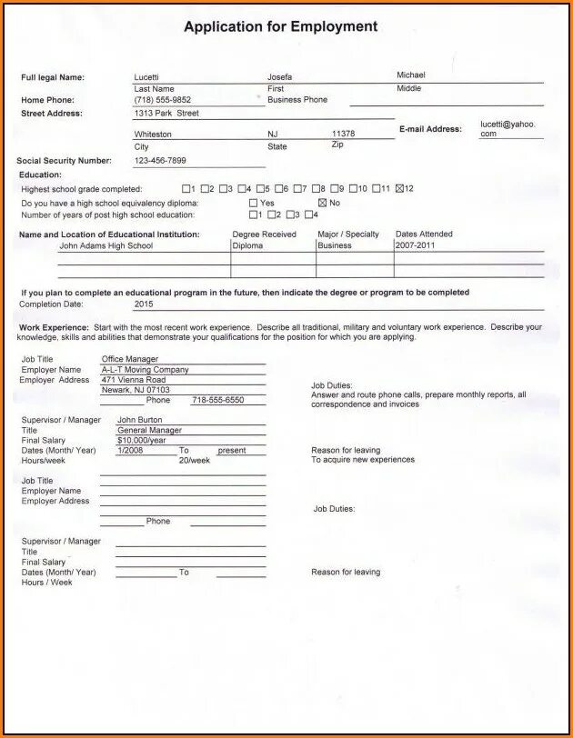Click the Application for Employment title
(x=280, y=27)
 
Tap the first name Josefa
(x=279, y=77)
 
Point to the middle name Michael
(x=410, y=75)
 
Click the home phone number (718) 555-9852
(x=163, y=100)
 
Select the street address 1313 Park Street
(x=166, y=114)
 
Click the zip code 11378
(x=343, y=134)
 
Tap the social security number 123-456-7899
(x=160, y=161)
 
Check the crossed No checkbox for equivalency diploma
(x=322, y=203)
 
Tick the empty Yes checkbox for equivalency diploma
(x=254, y=203)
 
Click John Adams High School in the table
(x=106, y=246)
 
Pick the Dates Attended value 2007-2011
(x=415, y=246)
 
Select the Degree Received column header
(x=265, y=234)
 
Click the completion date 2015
(x=144, y=304)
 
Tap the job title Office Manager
(x=130, y=360)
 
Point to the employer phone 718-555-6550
(x=217, y=401)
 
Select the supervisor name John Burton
(x=139, y=420)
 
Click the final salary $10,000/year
(x=142, y=440)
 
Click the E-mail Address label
(x=430, y=129)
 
